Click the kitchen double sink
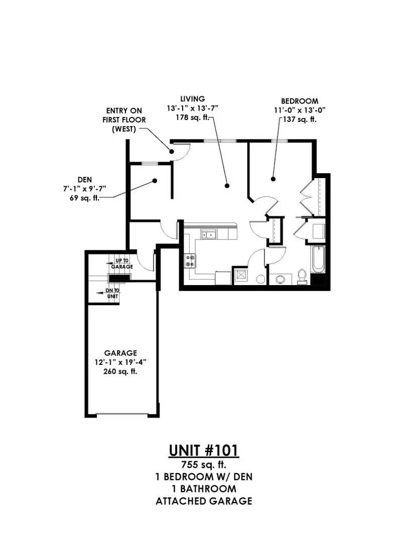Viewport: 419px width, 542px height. (x=209, y=235)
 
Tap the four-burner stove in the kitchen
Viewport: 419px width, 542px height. (x=190, y=260)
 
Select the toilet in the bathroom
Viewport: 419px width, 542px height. (x=302, y=276)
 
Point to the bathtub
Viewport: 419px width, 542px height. (x=317, y=259)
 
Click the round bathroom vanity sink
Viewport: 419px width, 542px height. (x=280, y=279)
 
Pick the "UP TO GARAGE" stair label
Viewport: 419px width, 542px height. (x=122, y=264)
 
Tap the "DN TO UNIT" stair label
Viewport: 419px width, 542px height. (x=113, y=294)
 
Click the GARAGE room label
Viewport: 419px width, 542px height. (x=120, y=353)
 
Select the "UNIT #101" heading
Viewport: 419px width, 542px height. (x=204, y=451)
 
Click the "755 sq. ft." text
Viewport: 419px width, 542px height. (x=204, y=464)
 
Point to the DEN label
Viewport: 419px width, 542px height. (x=85, y=179)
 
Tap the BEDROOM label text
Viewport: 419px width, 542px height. (x=300, y=101)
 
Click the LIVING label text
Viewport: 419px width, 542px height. (x=193, y=99)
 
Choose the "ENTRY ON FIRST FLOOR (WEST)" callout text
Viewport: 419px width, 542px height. (x=124, y=120)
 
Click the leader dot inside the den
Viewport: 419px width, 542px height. (x=155, y=181)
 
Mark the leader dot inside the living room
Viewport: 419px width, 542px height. (x=227, y=186)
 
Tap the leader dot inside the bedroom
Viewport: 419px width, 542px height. (x=273, y=179)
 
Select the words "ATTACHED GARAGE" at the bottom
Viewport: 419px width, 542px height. (x=204, y=501)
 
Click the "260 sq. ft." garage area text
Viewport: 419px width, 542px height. (x=120, y=372)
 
